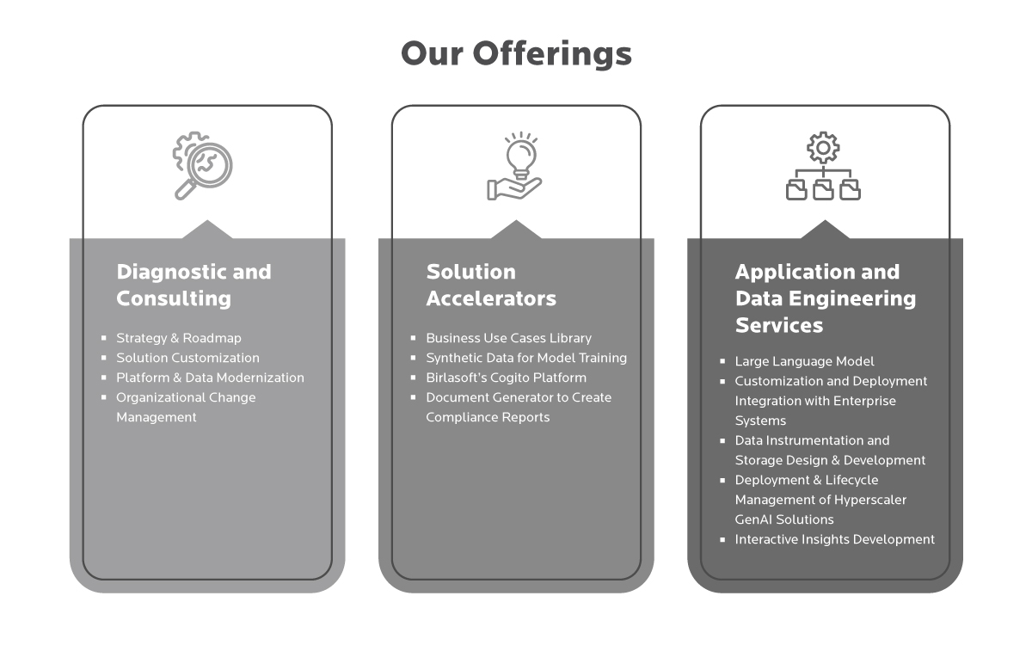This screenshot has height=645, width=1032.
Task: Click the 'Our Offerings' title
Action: click(x=516, y=53)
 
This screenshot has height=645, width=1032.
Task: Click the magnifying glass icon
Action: click(x=204, y=166)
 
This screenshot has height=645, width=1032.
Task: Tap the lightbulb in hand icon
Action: click(x=515, y=166)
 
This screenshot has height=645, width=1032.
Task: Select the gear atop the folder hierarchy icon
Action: click(x=823, y=148)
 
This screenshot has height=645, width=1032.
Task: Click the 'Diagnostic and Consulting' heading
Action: click(x=193, y=285)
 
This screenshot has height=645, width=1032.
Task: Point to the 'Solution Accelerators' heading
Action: click(x=490, y=285)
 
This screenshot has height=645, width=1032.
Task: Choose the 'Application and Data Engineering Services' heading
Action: click(x=825, y=298)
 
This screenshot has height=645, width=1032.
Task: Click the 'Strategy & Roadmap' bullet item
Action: click(x=179, y=338)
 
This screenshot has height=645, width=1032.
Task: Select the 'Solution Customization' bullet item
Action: click(x=187, y=358)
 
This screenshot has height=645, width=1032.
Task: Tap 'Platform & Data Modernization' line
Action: click(x=210, y=378)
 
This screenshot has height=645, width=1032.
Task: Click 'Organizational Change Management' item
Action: click(x=186, y=407)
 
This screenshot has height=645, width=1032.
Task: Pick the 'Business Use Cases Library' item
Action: click(x=508, y=338)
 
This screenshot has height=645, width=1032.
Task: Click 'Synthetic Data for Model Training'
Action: click(x=525, y=358)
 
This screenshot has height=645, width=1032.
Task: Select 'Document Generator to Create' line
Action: click(x=518, y=397)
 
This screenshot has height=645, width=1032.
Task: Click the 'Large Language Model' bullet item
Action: click(x=804, y=361)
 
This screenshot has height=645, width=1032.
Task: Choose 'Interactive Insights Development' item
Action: click(x=834, y=539)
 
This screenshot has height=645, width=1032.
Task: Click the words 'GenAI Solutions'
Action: click(x=783, y=519)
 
